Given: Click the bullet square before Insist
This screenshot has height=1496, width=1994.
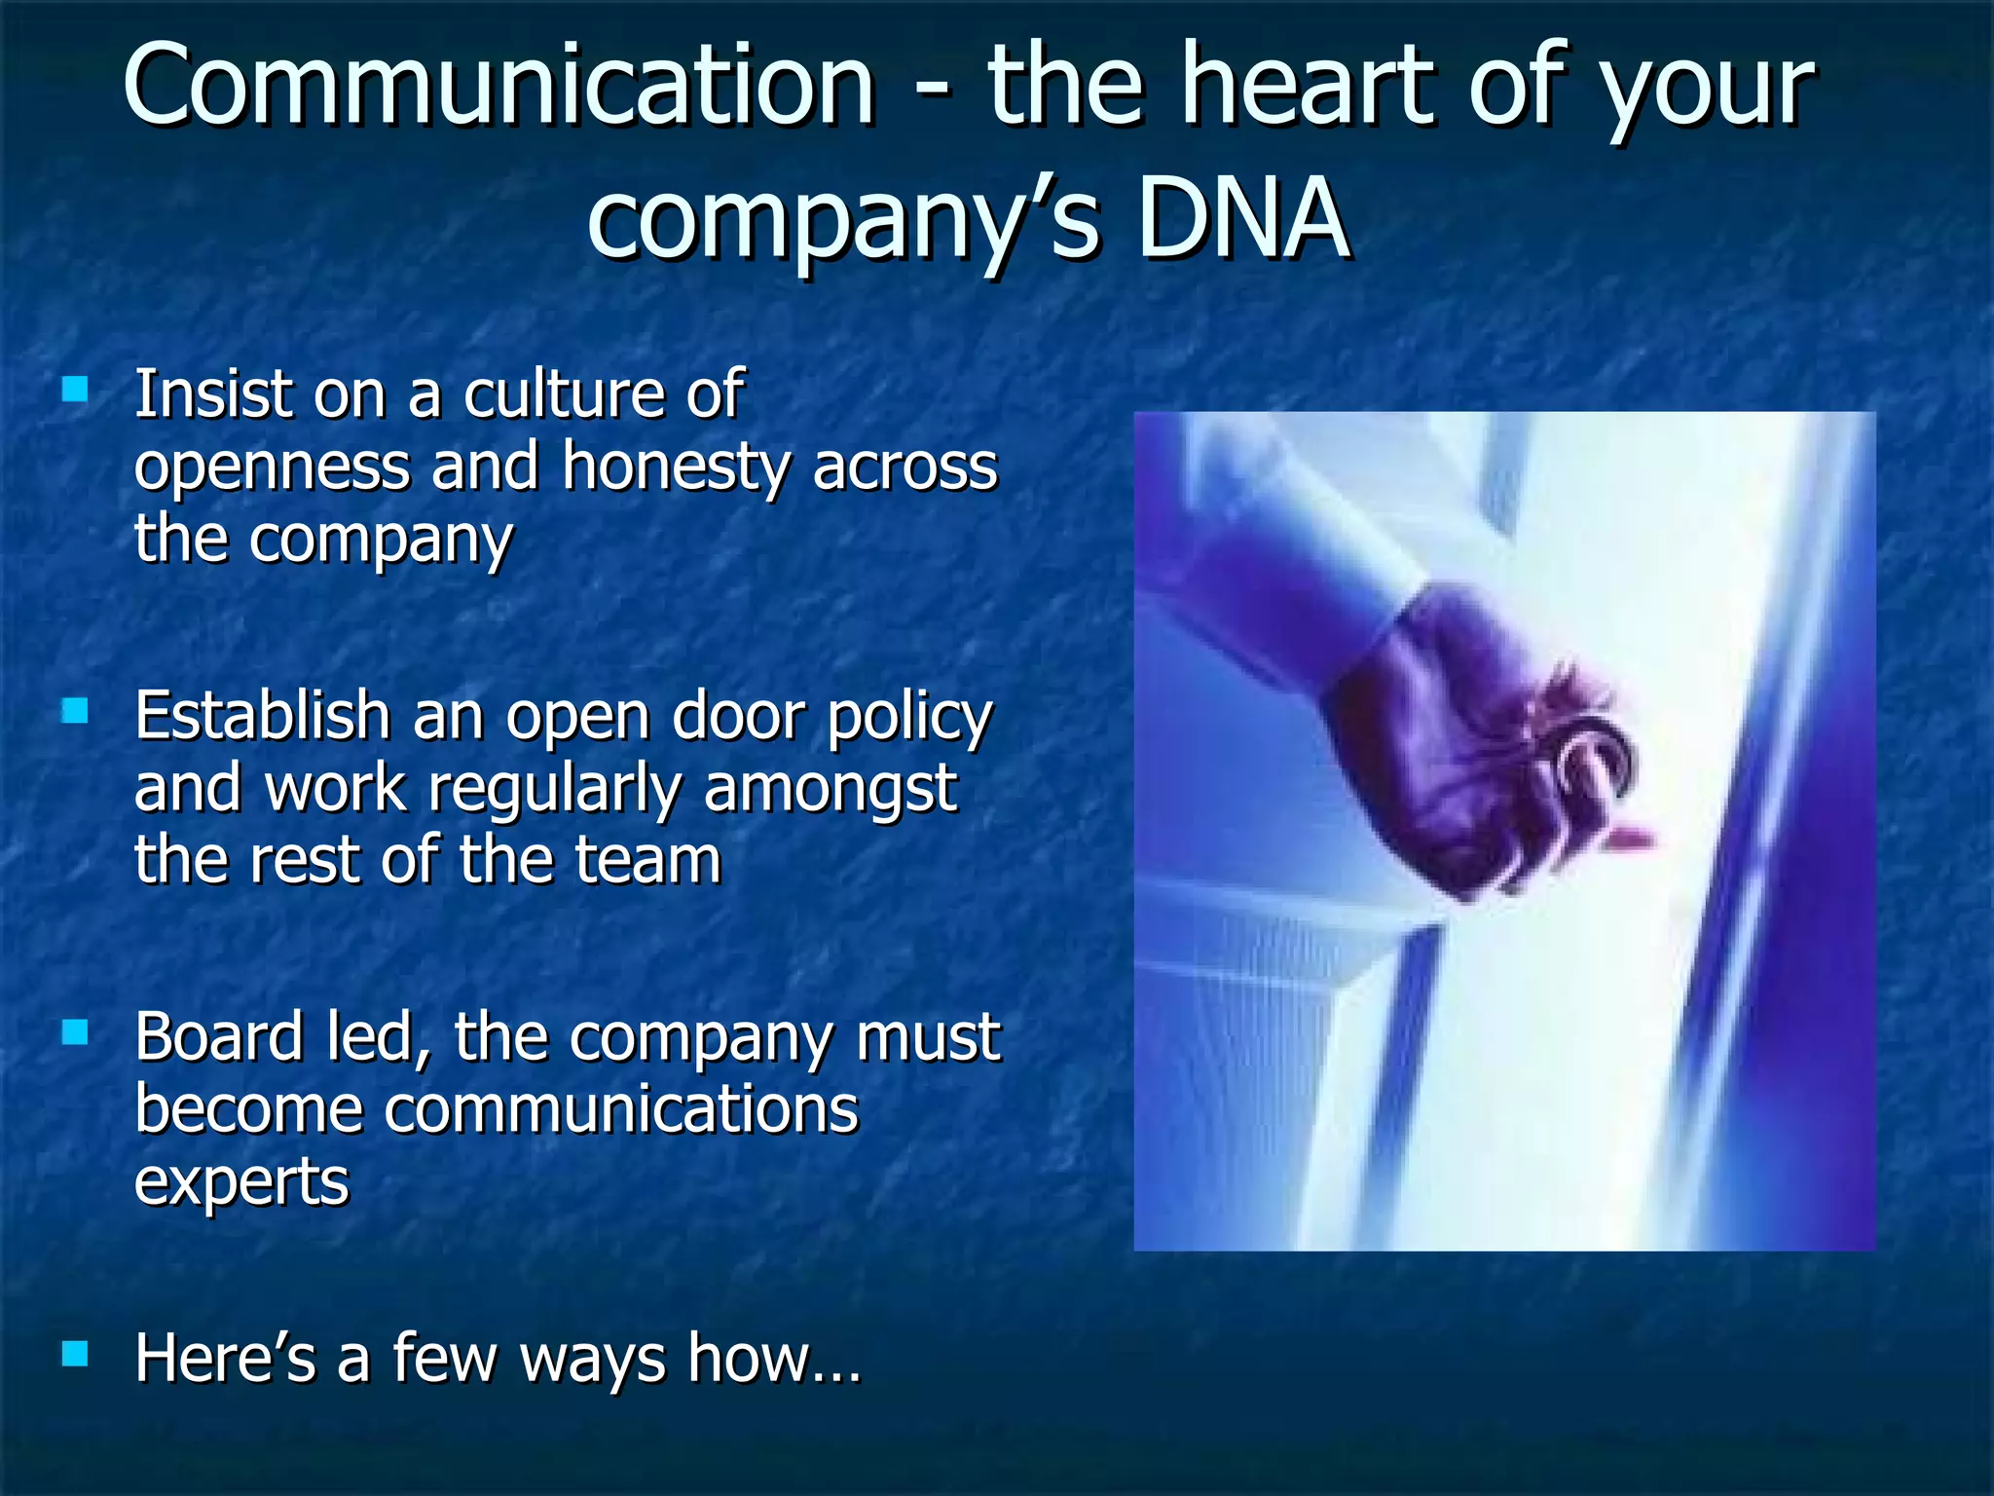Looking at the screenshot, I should point(75,392).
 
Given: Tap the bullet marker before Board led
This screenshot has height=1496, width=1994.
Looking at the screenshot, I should point(75,1032).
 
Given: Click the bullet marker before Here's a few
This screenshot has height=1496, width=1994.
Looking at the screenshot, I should point(75,1354).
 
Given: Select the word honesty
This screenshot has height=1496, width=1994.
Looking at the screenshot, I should point(676,467).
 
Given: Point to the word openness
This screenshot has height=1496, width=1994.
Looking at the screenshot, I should point(272,467).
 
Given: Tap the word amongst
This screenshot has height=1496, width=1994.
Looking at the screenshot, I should point(830,789).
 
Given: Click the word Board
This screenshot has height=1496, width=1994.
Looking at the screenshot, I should point(219,1036).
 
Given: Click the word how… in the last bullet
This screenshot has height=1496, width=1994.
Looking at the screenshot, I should point(774,1358).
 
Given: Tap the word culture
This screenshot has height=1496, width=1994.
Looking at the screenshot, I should point(561,395).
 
